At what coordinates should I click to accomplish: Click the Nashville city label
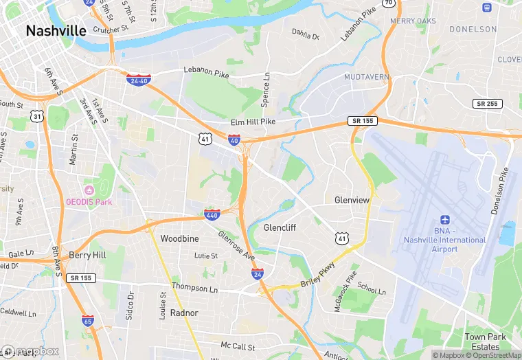(x=56, y=31)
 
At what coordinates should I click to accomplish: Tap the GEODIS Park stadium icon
(x=89, y=190)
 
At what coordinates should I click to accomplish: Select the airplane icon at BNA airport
(x=444, y=219)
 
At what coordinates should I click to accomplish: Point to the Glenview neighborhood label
(x=352, y=200)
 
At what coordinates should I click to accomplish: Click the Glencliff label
(x=280, y=227)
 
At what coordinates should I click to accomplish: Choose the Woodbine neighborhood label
(x=179, y=238)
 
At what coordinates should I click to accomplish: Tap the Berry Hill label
(x=87, y=255)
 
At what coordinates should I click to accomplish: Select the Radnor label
(x=184, y=313)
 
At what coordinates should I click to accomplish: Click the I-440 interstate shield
(x=212, y=215)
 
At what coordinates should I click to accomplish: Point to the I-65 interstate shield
(x=87, y=320)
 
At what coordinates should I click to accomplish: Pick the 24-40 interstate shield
(x=139, y=80)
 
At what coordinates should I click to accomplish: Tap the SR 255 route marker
(x=487, y=103)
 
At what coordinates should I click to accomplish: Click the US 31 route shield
(x=38, y=117)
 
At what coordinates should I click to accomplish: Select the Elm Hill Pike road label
(x=253, y=122)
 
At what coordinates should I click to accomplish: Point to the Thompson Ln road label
(x=194, y=287)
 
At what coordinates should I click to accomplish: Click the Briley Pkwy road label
(x=318, y=273)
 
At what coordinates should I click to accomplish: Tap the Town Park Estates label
(x=486, y=342)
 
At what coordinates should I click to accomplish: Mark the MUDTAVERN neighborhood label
(x=367, y=77)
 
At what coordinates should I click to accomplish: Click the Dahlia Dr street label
(x=306, y=32)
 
